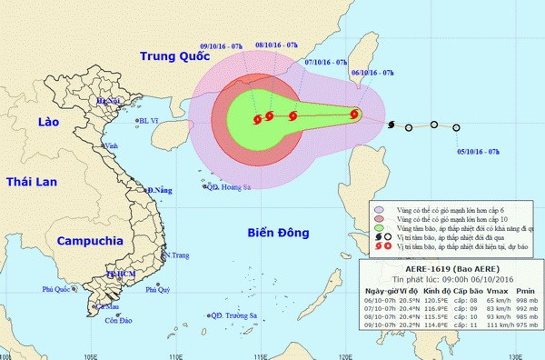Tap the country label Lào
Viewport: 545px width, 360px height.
41,122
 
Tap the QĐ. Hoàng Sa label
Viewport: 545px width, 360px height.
228,188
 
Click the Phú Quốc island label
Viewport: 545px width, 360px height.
57,290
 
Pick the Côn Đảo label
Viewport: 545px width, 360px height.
119,321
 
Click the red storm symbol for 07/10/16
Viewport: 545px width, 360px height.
292,115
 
